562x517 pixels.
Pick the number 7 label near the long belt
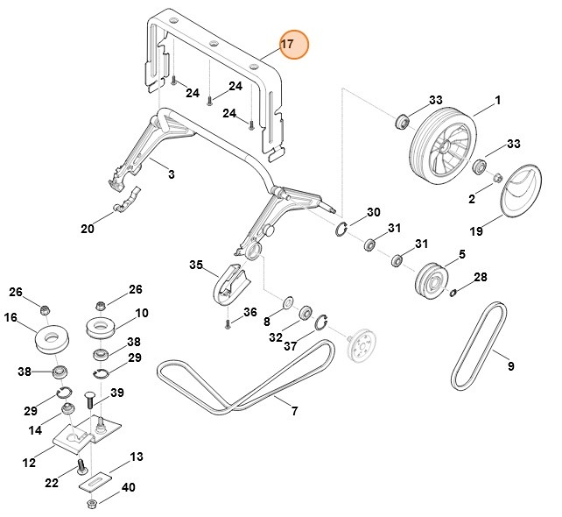click(294, 411)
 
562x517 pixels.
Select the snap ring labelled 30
click(342, 230)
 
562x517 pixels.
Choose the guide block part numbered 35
click(230, 281)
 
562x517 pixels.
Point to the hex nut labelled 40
click(94, 506)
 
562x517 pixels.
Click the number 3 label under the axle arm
click(171, 175)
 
